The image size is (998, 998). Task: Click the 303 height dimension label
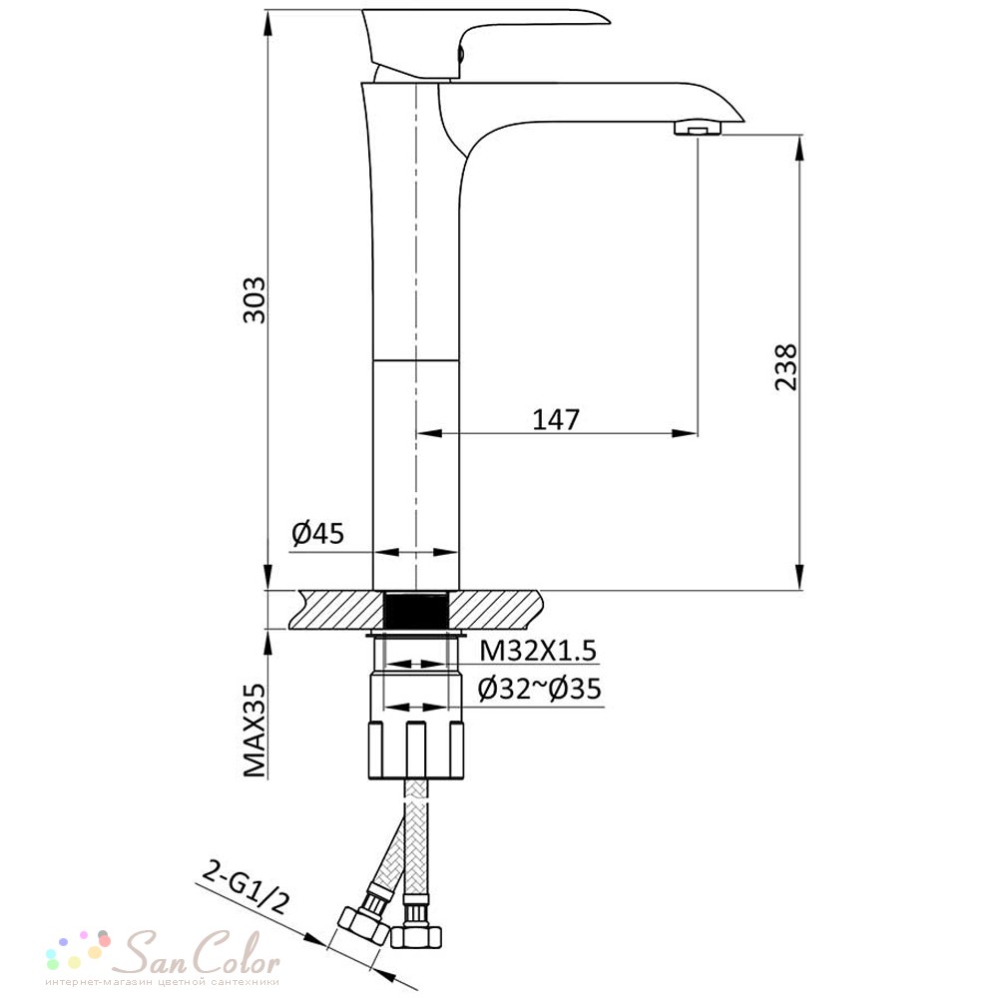tap(254, 299)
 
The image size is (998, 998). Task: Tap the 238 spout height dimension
tap(786, 366)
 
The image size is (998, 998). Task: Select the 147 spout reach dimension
tap(556, 419)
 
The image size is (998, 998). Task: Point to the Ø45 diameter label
tap(317, 533)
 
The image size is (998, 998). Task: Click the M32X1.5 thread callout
tap(538, 651)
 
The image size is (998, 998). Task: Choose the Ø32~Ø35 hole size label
tap(540, 689)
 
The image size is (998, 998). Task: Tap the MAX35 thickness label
tap(254, 731)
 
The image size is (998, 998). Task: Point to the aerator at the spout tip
tap(698, 130)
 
